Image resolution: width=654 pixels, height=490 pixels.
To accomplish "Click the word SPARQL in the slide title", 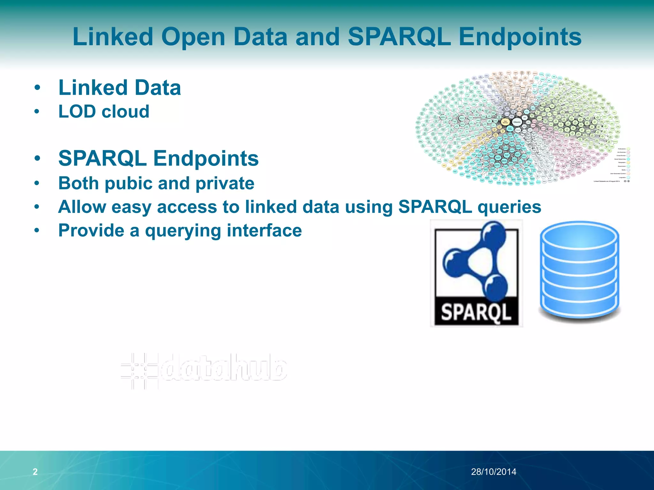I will point(399,37).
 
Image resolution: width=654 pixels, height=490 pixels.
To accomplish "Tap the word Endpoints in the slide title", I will point(520,37).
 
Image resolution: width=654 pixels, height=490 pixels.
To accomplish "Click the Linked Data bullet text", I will point(119,88).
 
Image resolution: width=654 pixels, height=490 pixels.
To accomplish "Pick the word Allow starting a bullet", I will point(82,207).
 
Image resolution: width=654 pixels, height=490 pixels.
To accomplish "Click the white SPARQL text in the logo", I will point(476,312).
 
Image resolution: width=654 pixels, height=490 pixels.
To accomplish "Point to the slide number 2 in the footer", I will point(35,471).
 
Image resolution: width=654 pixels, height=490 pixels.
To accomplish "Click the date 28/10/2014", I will point(493,471).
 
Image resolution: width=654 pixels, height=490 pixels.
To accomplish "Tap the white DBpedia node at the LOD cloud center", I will point(517,122).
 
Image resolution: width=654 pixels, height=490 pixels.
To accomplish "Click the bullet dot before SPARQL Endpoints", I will point(37,159).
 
